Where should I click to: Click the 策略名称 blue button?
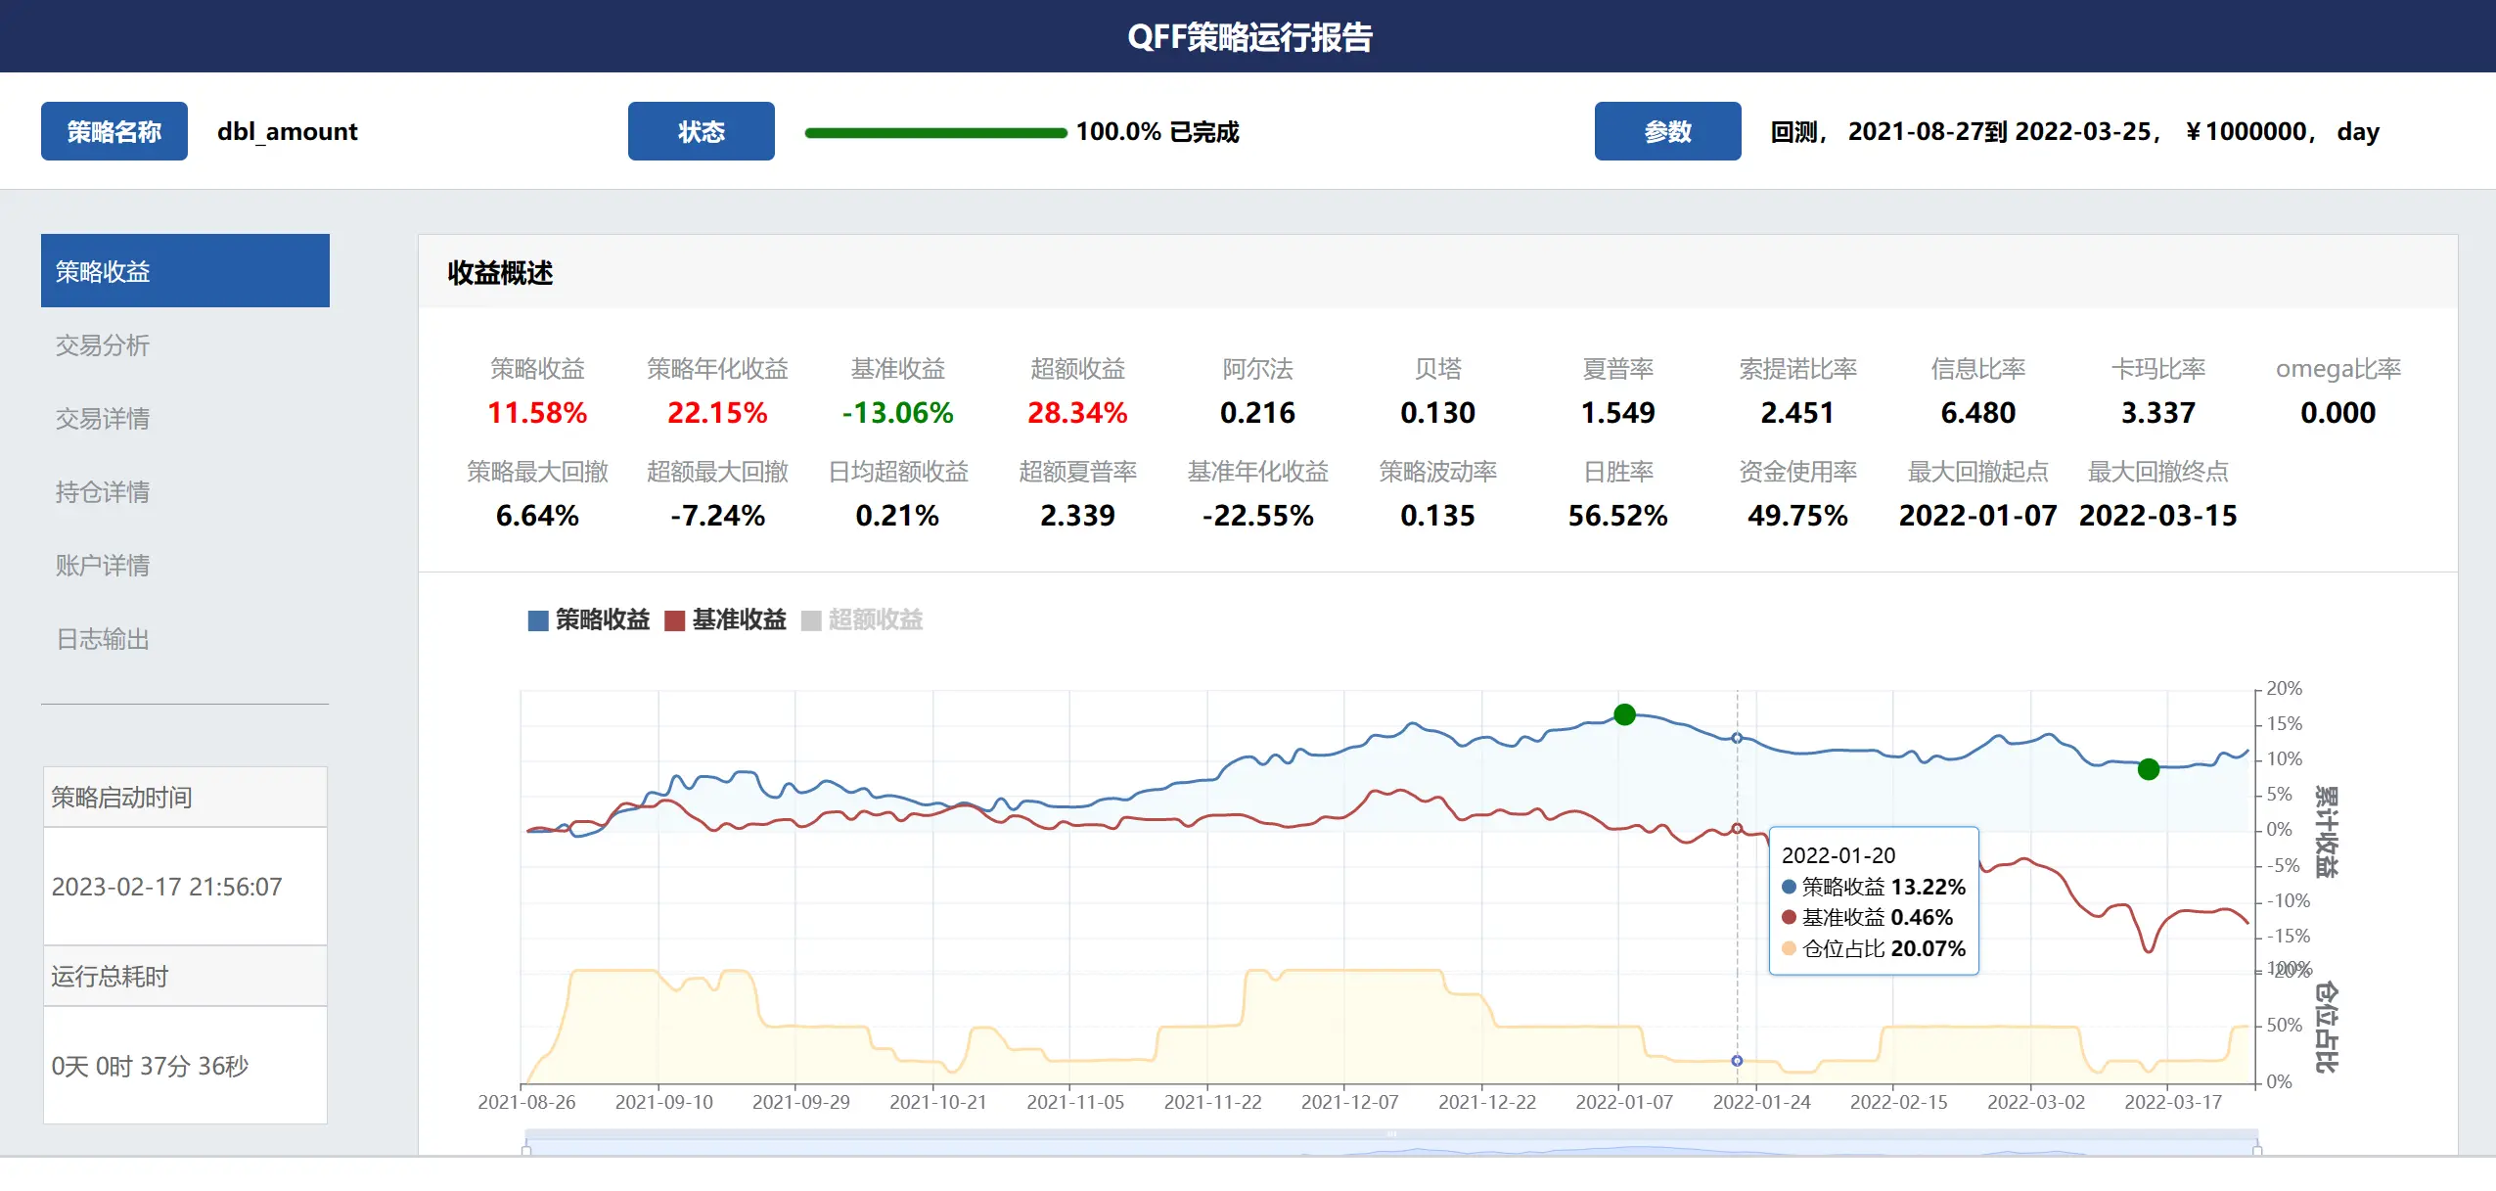(x=113, y=131)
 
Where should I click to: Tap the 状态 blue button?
(x=701, y=131)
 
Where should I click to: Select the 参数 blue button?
(x=1667, y=131)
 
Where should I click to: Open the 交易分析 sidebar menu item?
(x=103, y=345)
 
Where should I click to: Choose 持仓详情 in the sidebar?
(x=103, y=492)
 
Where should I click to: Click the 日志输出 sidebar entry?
(x=103, y=639)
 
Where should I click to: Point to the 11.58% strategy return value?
(x=537, y=413)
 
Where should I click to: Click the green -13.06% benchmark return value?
(x=897, y=413)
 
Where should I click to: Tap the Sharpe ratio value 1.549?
(x=1617, y=413)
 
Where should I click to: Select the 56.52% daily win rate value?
(x=1617, y=516)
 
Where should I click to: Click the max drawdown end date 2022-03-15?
(x=2157, y=516)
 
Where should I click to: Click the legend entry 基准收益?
(x=725, y=619)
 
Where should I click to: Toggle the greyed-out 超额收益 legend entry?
(x=862, y=619)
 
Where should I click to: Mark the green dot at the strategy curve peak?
(x=1624, y=714)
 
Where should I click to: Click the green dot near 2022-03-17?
(x=2149, y=769)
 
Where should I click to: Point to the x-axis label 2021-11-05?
(x=1075, y=1102)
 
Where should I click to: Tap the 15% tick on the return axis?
(x=2284, y=724)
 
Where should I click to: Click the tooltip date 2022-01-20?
(x=1838, y=855)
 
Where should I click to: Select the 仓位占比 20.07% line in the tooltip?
(x=1874, y=948)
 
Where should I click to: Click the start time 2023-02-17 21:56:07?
(x=167, y=887)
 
